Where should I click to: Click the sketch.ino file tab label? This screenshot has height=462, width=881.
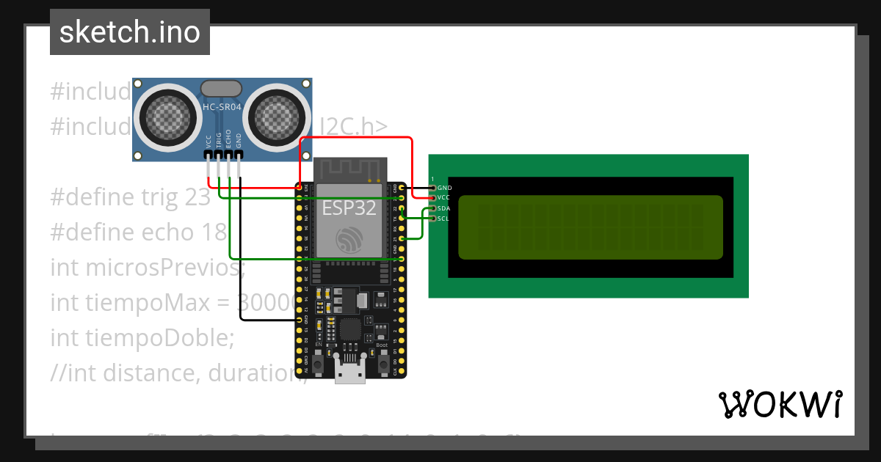tap(130, 32)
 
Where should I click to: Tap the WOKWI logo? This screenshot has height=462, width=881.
tap(780, 404)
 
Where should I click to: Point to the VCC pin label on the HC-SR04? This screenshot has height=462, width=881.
tap(209, 141)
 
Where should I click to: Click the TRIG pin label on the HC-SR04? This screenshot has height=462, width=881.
tap(219, 141)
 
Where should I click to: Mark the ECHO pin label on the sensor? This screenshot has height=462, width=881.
tap(228, 141)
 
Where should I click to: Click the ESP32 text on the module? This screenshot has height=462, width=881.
tap(349, 208)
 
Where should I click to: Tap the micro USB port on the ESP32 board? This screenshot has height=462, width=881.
tap(350, 372)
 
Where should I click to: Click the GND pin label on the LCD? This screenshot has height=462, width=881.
tap(444, 188)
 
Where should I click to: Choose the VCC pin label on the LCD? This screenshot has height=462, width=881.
tap(444, 198)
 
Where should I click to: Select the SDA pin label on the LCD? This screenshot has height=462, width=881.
tap(444, 208)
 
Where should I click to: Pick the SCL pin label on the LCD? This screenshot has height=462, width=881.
tap(444, 219)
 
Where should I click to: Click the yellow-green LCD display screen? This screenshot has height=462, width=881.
tap(590, 227)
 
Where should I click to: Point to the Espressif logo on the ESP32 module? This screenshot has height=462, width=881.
tap(349, 240)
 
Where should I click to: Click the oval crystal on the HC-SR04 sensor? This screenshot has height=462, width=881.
tap(221, 88)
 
